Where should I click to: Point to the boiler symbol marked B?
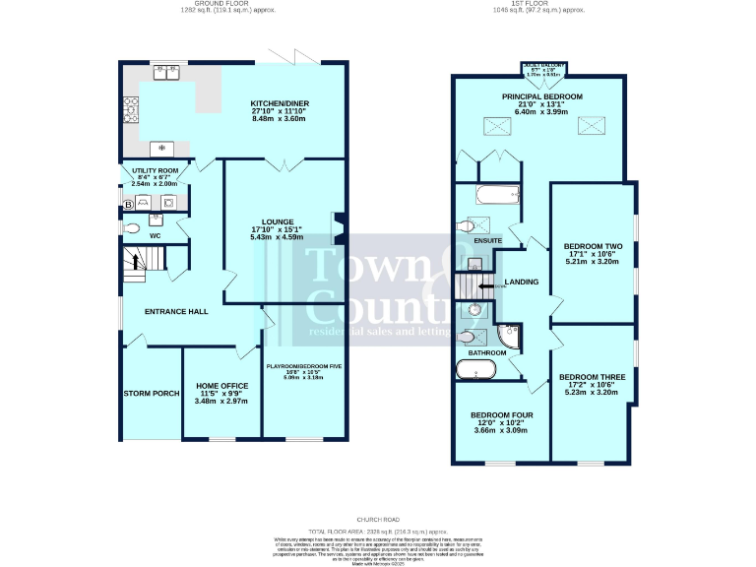point(128,204)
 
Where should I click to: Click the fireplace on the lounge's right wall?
point(337,228)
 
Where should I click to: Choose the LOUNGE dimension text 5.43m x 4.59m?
point(277,236)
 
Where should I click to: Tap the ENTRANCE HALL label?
point(176,311)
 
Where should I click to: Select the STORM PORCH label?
point(152,393)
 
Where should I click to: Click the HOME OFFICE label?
point(221,385)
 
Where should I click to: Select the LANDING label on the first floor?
point(521,283)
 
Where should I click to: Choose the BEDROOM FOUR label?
point(501,415)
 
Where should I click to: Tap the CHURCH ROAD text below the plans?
point(378,518)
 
